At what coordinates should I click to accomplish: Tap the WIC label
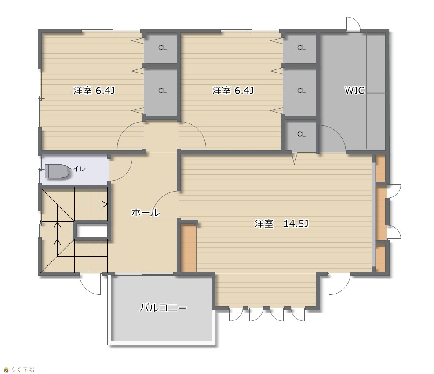[355, 91]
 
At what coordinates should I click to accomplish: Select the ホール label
[145, 212]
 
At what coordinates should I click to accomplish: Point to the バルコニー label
[163, 308]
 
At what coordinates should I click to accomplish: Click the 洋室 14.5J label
[281, 224]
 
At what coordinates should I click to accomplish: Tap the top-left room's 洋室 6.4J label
[94, 91]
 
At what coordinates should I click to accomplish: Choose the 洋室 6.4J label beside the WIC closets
[233, 91]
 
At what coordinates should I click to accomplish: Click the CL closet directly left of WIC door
[301, 135]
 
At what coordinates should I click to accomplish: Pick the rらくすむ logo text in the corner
[19, 369]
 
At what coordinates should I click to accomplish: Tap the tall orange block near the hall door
[189, 248]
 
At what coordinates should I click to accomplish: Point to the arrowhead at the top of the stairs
[105, 205]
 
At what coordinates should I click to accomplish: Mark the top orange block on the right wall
[381, 168]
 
